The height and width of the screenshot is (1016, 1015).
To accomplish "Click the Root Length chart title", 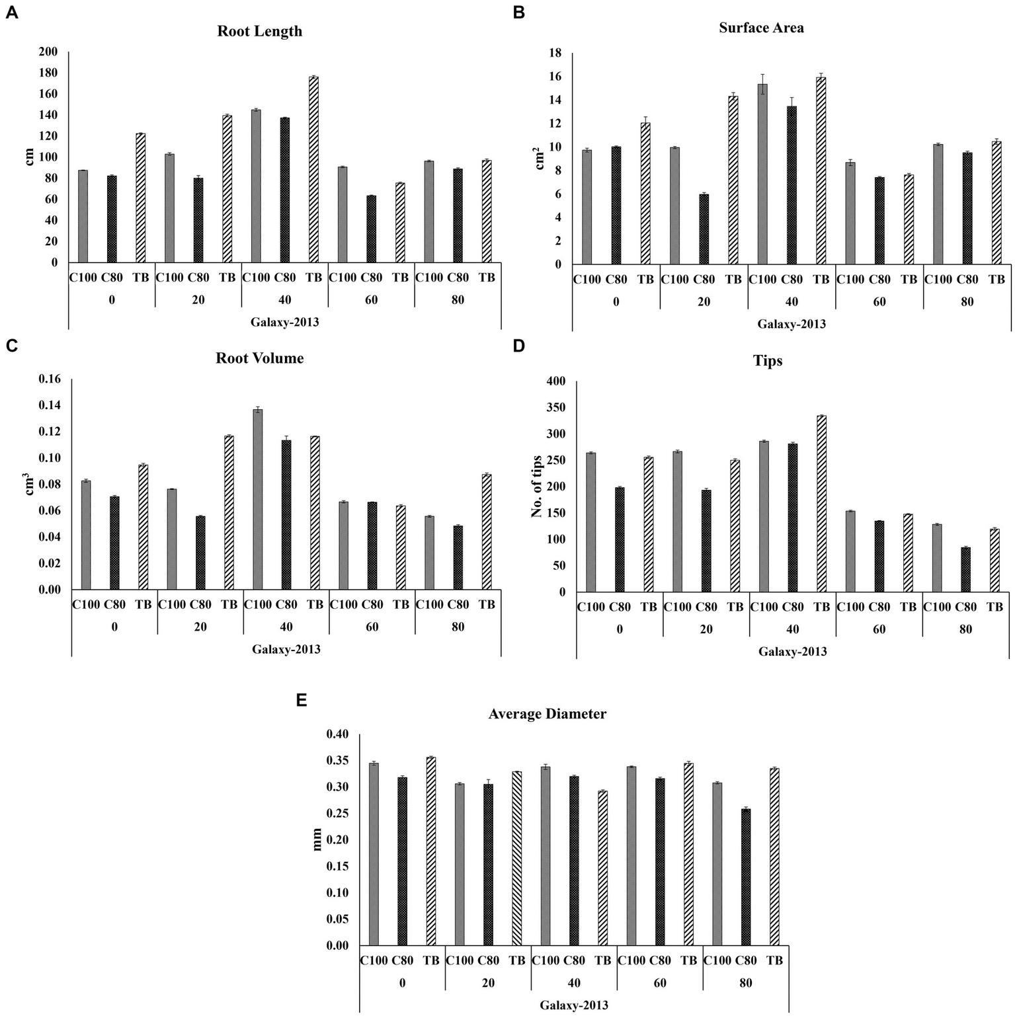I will coord(259,31).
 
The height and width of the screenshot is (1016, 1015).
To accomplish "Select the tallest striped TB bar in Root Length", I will coord(313,170).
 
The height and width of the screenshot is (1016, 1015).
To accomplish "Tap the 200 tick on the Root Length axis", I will coord(49,52).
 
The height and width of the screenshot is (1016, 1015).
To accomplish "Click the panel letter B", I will coord(519,12).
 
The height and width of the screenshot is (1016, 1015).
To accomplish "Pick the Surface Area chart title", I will coord(761,28).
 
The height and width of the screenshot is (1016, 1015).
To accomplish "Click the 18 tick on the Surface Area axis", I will coord(555,53).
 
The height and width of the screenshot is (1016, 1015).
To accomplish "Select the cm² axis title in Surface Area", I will coord(540,159).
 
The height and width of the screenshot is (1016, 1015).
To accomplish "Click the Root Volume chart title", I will coord(259,358).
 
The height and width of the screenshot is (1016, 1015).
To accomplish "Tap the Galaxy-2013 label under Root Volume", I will coord(286,649).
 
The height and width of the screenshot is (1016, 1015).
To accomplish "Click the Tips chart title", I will coord(767,361).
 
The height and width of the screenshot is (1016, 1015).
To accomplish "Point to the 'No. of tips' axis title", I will coord(536,486).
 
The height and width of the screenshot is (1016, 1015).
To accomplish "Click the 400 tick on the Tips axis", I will coord(556,381).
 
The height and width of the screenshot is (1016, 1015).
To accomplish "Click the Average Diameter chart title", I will coord(547,714).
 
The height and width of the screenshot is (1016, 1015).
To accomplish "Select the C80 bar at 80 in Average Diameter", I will coord(746,877).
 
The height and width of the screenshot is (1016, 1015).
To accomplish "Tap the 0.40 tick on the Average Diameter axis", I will coord(337,734).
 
